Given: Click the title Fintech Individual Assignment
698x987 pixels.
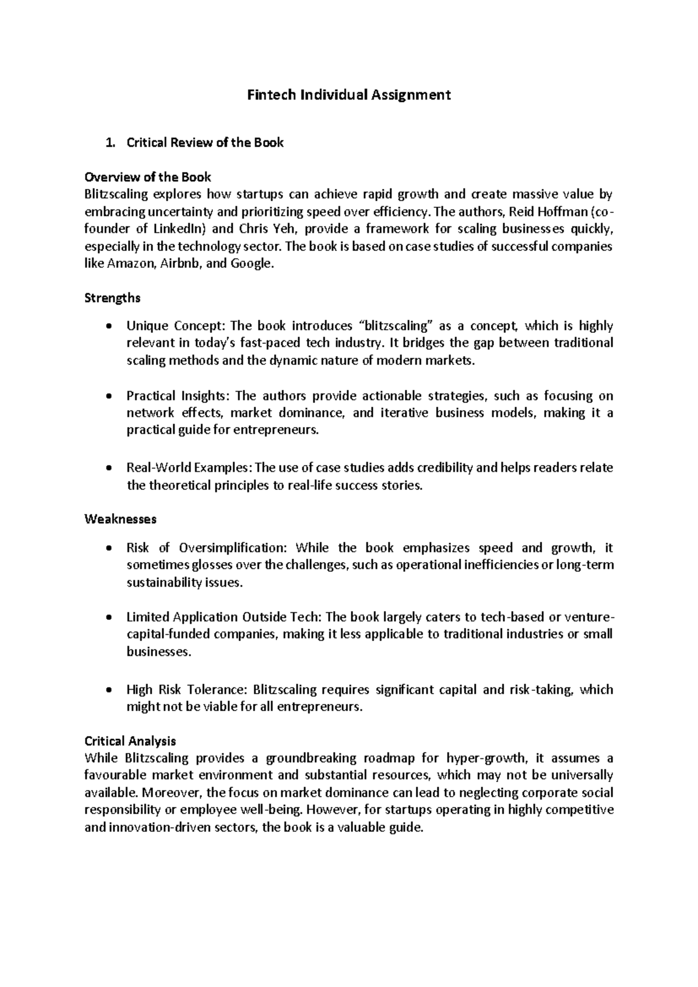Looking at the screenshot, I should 349,94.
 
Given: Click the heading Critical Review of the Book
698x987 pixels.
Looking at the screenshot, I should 205,143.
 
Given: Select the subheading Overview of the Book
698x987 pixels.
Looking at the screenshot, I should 148,177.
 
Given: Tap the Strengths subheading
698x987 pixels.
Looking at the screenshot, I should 112,298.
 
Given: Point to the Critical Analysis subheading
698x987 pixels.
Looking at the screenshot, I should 130,741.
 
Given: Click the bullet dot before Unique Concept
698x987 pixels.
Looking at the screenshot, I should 109,327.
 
